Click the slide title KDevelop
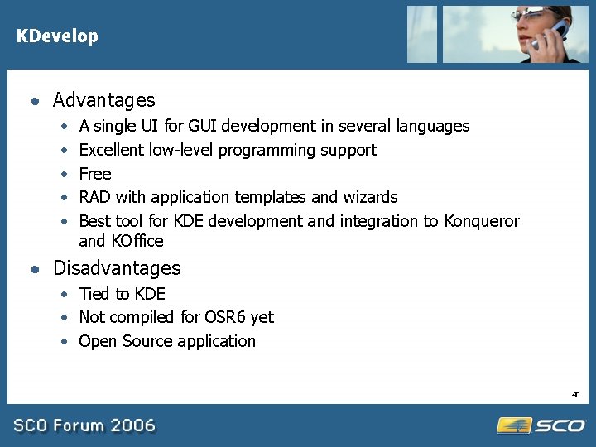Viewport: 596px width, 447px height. click(57, 36)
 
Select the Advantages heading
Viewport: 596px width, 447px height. click(103, 100)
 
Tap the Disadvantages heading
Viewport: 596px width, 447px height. click(116, 268)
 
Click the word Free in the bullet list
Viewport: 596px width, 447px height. click(94, 174)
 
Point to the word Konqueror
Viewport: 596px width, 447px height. click(482, 221)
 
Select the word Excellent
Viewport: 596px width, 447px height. click(112, 150)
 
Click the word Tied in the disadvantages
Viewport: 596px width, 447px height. click(94, 294)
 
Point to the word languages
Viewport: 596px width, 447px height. click(433, 127)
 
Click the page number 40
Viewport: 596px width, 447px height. click(575, 395)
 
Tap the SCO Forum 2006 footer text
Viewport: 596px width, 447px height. click(84, 425)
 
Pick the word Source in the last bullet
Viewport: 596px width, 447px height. click(145, 341)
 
